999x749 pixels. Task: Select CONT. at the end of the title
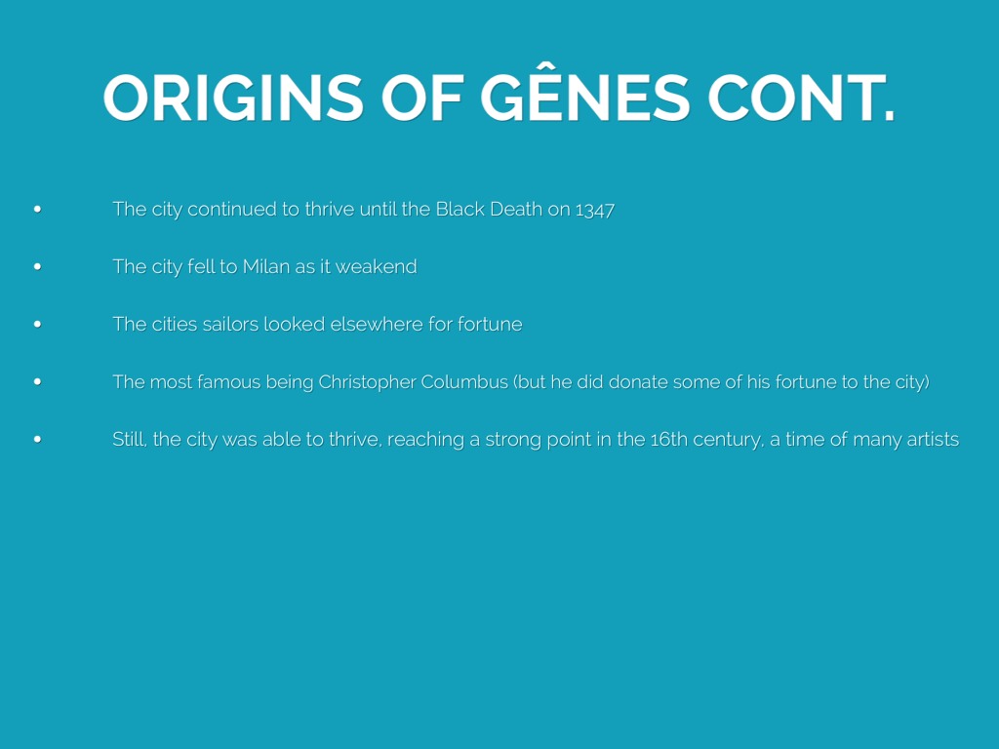[802, 99]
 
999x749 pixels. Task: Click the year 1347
[594, 211]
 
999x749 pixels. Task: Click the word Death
[516, 209]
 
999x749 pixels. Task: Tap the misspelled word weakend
[376, 266]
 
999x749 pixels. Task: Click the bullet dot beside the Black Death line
[38, 209]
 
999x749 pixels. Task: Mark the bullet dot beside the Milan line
[38, 266]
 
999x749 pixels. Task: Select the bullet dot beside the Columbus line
[38, 381]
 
